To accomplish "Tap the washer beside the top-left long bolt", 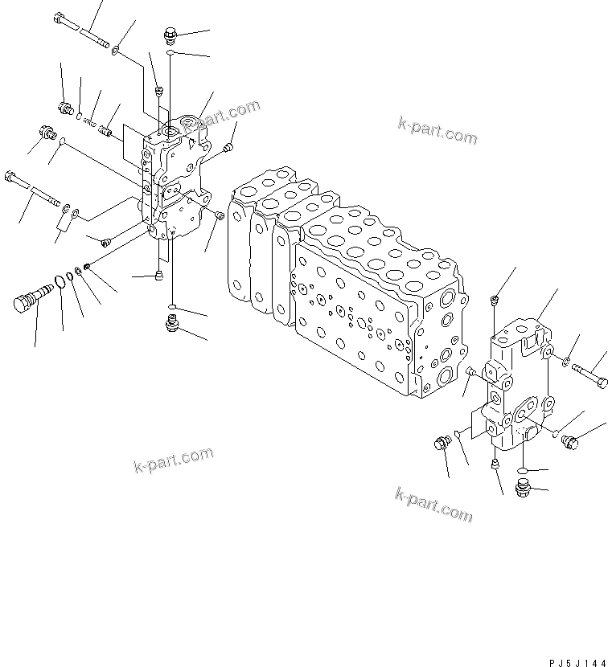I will click(x=117, y=51).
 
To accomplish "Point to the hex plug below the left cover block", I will click(x=171, y=323).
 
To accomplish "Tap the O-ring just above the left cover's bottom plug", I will click(x=171, y=308).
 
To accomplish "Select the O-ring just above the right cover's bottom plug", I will click(x=523, y=471).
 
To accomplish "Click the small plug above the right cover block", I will click(x=493, y=301).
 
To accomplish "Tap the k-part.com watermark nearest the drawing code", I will click(x=433, y=504).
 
